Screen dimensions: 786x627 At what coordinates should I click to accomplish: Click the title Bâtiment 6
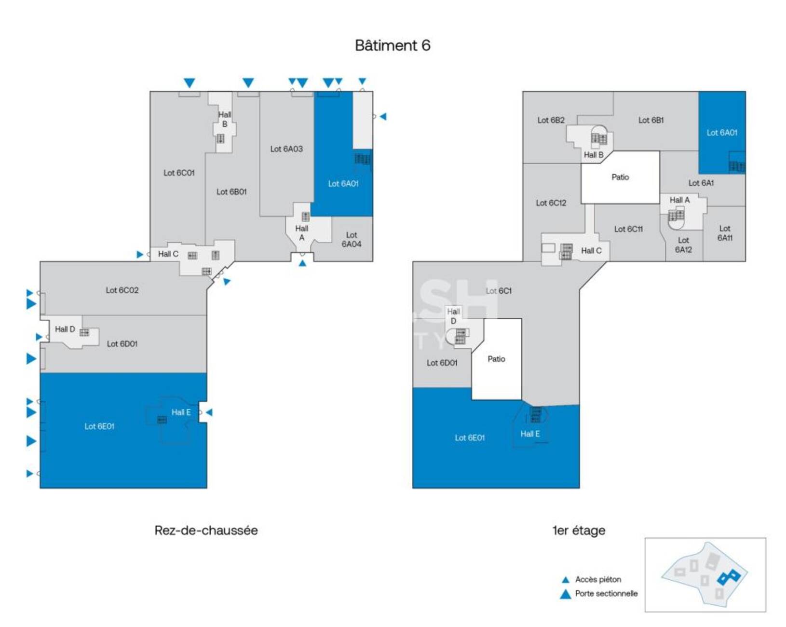point(393,45)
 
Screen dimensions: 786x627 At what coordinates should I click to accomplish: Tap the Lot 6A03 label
point(286,149)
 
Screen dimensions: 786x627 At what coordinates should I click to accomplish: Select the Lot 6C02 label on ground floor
point(122,290)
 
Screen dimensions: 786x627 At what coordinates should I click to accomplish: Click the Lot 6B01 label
point(231,191)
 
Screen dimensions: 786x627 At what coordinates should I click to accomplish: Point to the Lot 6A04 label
point(352,239)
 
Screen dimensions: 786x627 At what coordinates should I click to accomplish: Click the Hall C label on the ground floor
point(168,254)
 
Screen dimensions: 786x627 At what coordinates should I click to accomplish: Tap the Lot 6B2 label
point(551,120)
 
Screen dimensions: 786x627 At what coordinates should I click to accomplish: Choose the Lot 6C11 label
point(628,229)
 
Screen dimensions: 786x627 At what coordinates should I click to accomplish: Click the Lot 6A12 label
point(683,245)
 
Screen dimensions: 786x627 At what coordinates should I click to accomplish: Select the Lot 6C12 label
point(551,203)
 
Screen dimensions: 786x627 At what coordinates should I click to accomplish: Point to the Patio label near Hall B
point(620,177)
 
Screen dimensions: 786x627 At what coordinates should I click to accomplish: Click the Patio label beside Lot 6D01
point(496,359)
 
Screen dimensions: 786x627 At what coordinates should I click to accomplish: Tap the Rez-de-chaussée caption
point(206,530)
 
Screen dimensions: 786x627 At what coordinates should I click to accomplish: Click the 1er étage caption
point(579,530)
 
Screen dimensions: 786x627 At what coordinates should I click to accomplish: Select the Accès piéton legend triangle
point(566,580)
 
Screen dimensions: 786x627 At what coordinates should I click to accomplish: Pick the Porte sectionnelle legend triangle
point(566,595)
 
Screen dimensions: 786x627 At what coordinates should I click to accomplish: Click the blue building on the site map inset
point(729,578)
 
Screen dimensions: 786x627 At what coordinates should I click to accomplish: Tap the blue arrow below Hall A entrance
point(302,263)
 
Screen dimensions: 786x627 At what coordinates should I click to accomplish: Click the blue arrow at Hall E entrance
point(209,412)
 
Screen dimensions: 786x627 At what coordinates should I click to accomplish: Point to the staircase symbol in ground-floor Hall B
point(220,138)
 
